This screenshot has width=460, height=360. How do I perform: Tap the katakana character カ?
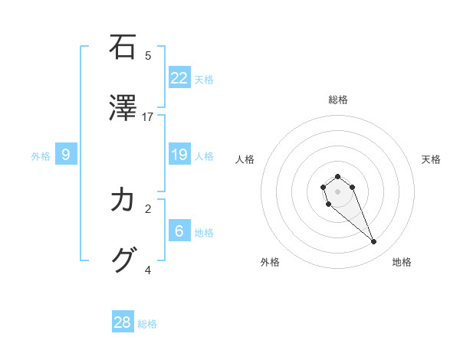123,200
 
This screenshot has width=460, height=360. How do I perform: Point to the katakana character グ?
123,260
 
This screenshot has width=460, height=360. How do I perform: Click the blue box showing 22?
179,77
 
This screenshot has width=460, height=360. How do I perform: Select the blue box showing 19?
179,155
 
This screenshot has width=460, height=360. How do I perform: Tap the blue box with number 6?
179,231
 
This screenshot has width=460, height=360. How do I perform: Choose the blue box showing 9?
66,155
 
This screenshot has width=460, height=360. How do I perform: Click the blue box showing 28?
123,322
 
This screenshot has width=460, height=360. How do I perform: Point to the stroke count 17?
148,117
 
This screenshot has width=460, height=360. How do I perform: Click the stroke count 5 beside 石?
148,55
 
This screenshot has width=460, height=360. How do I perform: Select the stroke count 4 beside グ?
148,270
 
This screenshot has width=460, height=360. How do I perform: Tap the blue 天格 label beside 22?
204,79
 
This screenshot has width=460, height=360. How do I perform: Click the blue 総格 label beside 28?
147,324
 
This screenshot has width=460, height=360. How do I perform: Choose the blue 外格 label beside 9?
41,156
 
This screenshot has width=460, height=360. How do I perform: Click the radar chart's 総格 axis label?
337,100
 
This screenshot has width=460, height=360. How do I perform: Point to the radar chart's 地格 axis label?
402,262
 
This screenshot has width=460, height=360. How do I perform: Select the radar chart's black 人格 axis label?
245,159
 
